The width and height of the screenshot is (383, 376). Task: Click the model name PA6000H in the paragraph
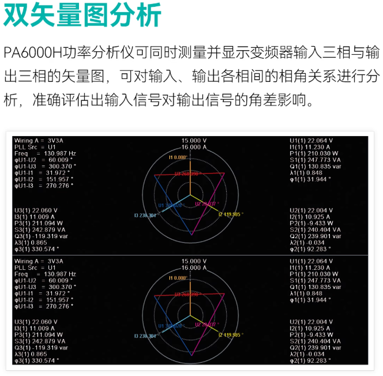[x=32, y=54]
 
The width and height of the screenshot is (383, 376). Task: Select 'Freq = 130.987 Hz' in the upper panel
[x=41, y=152]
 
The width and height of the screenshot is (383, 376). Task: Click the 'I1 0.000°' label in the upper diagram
[x=178, y=157]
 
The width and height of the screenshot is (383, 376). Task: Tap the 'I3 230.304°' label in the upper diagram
[x=145, y=216]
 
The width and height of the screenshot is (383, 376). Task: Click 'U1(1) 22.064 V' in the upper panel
[x=311, y=141]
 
